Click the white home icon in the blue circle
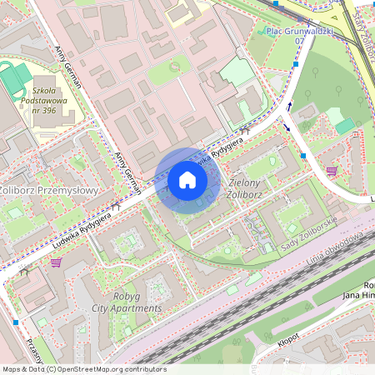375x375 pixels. tap(187, 180)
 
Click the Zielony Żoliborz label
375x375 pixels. tap(245, 188)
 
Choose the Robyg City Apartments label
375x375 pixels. tap(126, 302)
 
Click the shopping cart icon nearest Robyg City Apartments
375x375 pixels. tap(56, 262)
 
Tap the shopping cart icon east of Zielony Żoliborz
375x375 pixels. tap(332, 171)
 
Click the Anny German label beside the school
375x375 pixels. tap(68, 67)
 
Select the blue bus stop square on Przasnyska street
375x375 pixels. tap(16, 322)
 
